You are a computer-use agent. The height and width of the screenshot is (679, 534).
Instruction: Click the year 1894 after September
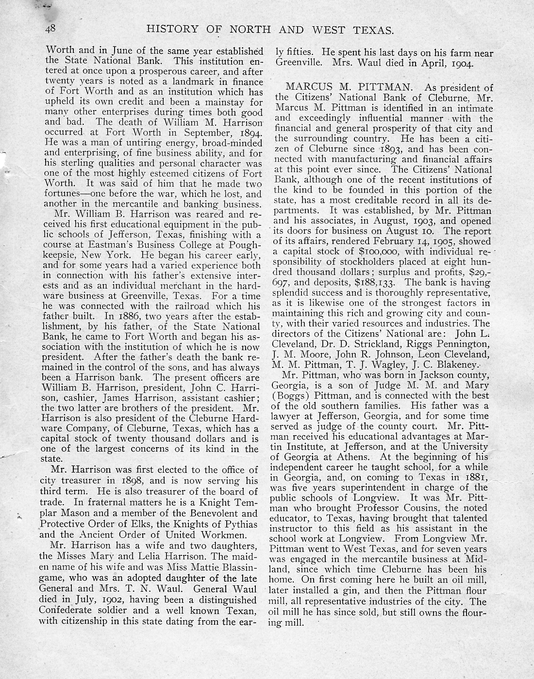click(247, 132)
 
